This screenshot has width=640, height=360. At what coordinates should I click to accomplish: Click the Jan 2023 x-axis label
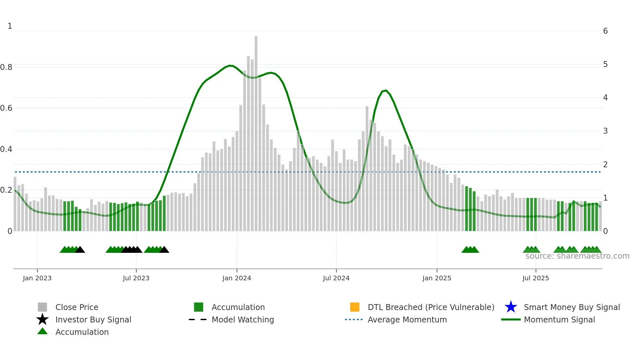coord(37,278)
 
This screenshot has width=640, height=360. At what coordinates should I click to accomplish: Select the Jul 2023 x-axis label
coord(136,278)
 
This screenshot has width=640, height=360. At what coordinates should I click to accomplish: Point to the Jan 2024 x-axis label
coord(237,278)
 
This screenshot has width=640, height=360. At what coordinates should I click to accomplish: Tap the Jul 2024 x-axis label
coord(336,278)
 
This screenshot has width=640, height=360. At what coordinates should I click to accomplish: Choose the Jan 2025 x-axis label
coord(437,278)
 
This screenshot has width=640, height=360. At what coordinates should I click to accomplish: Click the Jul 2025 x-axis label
coord(536,278)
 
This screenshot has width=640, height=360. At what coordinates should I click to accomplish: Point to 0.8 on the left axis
coord(6,67)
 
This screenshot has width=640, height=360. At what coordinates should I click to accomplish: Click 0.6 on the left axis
coord(6,108)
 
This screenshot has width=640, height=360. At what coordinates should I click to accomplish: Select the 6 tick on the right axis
coord(605,31)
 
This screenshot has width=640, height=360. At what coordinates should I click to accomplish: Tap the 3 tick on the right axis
coord(605,131)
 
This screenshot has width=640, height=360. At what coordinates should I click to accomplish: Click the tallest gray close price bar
coord(256,131)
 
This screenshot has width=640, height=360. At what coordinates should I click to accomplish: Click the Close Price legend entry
coord(77,307)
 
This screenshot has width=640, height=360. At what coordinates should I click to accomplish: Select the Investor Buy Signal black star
coord(42,319)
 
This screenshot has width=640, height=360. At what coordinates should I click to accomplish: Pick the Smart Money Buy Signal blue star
coord(511,307)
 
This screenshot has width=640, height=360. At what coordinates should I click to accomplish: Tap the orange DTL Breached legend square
coord(355,307)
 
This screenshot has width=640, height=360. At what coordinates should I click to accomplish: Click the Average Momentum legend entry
coord(407,319)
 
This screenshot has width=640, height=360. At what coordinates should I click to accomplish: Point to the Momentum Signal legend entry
coord(559,319)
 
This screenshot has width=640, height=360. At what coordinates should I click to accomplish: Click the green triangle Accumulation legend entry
coord(42,332)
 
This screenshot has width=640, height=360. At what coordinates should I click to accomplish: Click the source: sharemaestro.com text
coord(577,256)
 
